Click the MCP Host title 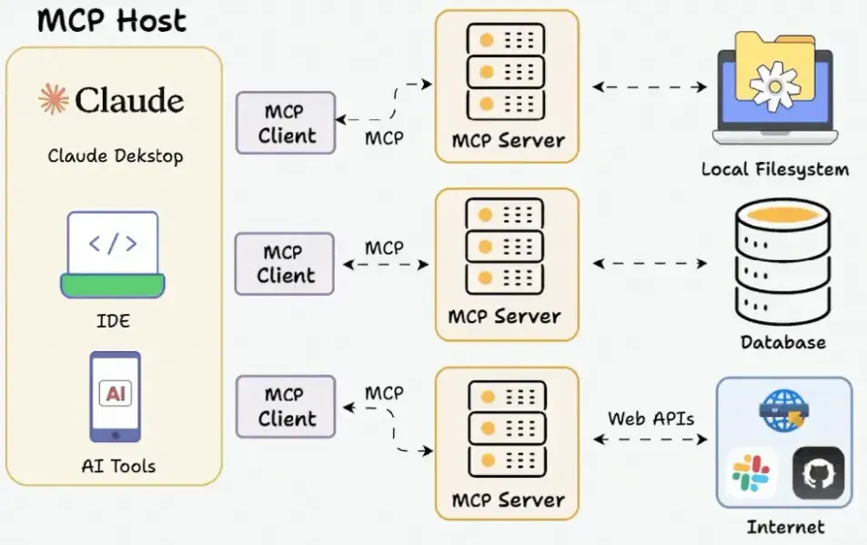point(112,20)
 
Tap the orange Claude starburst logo point(54,99)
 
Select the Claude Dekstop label point(115,156)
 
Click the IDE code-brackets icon point(113,254)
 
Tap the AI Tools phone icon point(115,397)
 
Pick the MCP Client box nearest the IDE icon point(284,264)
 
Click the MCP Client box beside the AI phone point(286,407)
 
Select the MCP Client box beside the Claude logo point(286,123)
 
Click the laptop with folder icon point(775,87)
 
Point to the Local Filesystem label point(775,169)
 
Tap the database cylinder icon point(783,262)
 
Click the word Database point(783,342)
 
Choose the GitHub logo point(819,473)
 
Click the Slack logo point(751,473)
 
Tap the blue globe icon point(784,410)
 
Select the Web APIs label point(650,419)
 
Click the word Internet point(785,527)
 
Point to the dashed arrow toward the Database point(650,263)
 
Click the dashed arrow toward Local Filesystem point(650,86)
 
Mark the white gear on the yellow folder point(775,86)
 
